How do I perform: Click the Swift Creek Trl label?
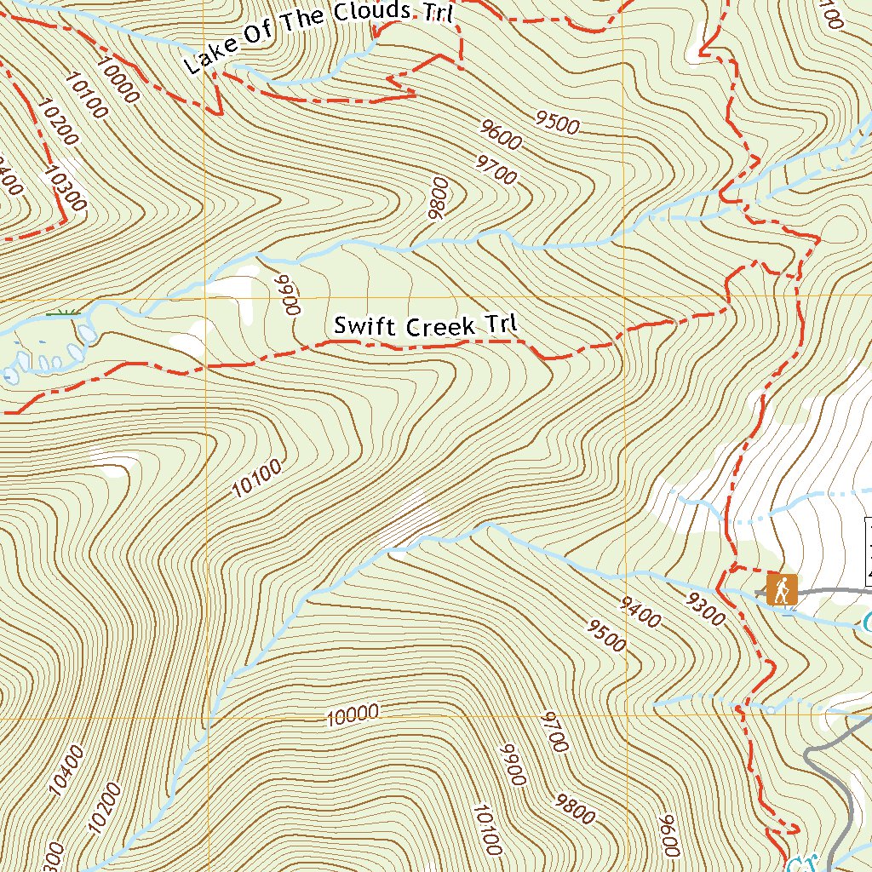(x=426, y=325)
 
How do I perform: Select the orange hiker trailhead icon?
(x=781, y=588)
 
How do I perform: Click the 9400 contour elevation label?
(x=640, y=613)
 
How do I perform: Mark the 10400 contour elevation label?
(x=67, y=771)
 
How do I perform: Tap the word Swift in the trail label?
(x=357, y=325)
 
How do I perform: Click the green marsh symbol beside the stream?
(x=61, y=314)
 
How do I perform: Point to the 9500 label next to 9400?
(x=605, y=636)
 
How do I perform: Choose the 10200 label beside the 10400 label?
(x=104, y=807)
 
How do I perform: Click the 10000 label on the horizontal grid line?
(x=352, y=715)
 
